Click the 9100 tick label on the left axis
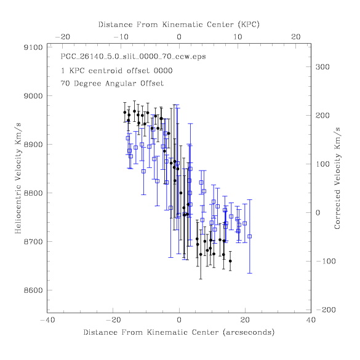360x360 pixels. (33, 47)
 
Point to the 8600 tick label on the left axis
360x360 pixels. (33, 290)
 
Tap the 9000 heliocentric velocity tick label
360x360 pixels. (33, 96)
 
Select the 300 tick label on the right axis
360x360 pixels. (322, 67)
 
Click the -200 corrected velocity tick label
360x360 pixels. (326, 310)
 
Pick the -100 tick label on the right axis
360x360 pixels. (326, 262)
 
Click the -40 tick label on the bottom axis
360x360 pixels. (48, 320)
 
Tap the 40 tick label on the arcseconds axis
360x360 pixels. (311, 320)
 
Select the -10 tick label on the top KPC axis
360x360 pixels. (121, 37)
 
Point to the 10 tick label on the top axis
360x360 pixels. (238, 37)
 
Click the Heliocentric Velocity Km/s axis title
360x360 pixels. (18, 178)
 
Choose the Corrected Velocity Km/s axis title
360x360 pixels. (337, 178)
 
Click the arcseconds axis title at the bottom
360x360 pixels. (179, 332)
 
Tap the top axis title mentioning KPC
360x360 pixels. (179, 25)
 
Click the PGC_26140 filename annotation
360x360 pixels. (133, 57)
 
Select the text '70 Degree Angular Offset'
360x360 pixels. (112, 83)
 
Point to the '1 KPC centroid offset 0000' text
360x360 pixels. (117, 71)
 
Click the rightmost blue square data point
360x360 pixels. (250, 236)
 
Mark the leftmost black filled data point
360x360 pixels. (125, 112)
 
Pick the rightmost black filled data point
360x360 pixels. (230, 261)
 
